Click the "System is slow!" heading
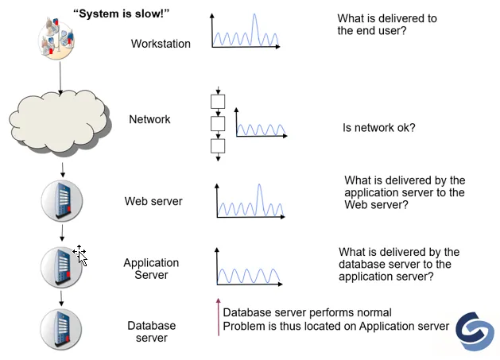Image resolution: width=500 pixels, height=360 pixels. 121,14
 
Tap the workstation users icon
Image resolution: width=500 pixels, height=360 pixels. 56,39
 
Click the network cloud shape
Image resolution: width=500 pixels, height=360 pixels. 60,123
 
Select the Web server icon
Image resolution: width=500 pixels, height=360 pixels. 62,201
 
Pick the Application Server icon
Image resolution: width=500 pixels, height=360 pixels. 61,267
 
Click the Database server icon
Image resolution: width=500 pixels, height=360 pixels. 61,329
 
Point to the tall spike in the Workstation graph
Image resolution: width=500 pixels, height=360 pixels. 254,29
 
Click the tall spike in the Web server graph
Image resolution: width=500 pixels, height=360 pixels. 260,200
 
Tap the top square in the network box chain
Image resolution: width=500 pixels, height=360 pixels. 218,102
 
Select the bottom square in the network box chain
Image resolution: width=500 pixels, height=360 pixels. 218,146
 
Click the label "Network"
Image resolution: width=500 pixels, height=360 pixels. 149,119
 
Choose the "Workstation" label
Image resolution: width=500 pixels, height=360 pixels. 161,44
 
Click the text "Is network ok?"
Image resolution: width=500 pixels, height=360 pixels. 379,127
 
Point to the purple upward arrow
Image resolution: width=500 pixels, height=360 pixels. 219,317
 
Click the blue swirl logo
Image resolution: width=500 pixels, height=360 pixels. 475,331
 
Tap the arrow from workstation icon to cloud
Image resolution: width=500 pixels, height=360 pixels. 60,78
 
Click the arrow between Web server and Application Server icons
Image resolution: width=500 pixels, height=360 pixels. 62,233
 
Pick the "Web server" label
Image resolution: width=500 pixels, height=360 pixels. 153,201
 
